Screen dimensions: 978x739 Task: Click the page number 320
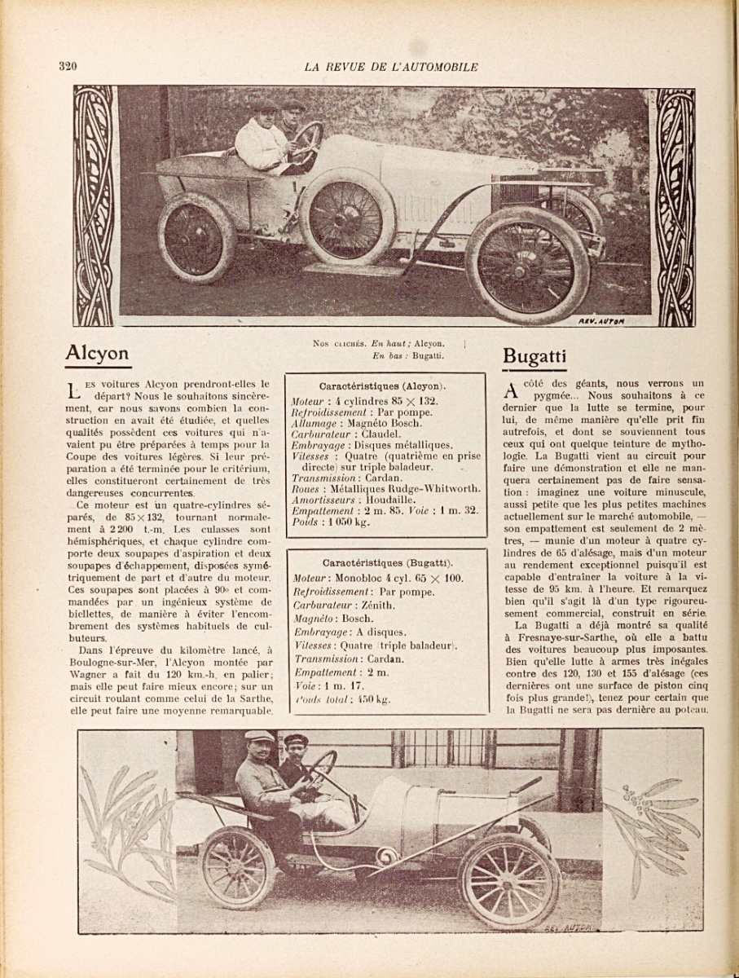tap(67, 67)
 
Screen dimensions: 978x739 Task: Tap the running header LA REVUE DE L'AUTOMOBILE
tap(391, 67)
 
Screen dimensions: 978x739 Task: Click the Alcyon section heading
tap(97, 354)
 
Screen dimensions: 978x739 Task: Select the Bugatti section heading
tap(534, 356)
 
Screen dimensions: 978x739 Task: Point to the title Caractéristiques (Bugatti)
tap(388, 562)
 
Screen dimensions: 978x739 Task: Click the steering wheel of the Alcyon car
tap(307, 140)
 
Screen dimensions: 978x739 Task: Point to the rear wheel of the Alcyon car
tap(196, 238)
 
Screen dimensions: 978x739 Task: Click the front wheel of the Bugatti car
tap(510, 881)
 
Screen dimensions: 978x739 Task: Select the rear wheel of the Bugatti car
tap(237, 867)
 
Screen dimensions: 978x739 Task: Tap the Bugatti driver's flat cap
tap(259, 737)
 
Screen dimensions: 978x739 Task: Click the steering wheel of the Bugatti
tap(321, 768)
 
